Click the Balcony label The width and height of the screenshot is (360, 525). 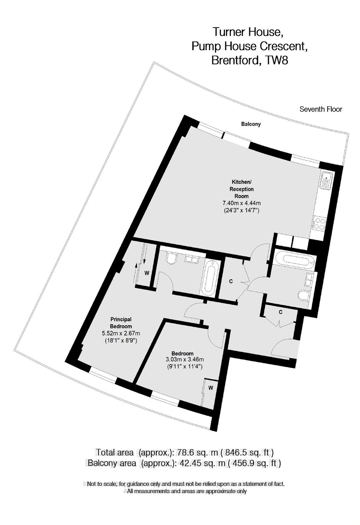pos(251,124)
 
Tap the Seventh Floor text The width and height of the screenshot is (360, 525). pos(321,109)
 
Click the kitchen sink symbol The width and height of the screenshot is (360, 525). pos(326,180)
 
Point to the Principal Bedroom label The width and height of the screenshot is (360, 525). pos(121,323)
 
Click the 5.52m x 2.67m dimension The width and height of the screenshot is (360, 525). pos(121,333)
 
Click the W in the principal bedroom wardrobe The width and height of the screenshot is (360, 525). pos(147,273)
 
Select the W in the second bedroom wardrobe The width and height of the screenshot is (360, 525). pos(211,388)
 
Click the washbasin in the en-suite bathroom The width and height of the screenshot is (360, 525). pos(192,259)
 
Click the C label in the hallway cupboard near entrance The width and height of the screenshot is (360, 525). pos(281,312)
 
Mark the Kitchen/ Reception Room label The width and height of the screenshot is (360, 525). pos(241,189)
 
